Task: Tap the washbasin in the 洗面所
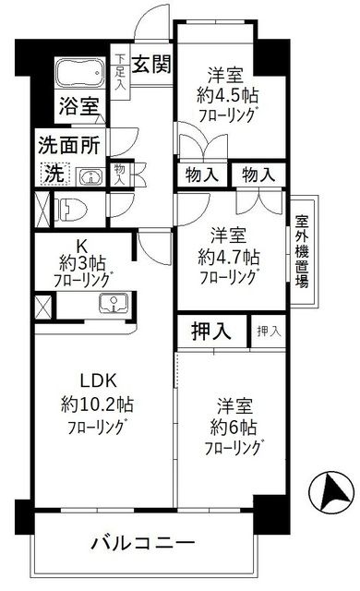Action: tap(87, 175)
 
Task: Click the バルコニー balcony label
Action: tap(143, 543)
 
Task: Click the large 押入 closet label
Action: tap(211, 331)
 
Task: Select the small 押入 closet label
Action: tap(268, 331)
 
